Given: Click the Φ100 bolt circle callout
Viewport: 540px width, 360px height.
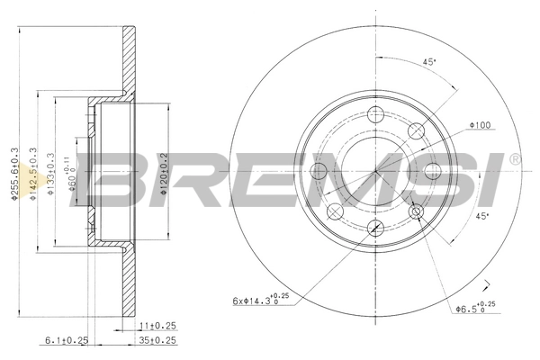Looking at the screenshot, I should click(477, 125).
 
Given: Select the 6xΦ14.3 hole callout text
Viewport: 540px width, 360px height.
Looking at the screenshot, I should click(256, 300).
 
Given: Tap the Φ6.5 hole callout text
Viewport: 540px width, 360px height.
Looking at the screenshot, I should click(472, 309).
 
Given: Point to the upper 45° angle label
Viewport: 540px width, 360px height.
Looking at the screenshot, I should click(430, 62).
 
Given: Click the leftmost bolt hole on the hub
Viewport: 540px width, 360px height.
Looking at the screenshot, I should click(317, 171).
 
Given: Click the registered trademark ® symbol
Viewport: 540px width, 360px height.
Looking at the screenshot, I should click(514, 159).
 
